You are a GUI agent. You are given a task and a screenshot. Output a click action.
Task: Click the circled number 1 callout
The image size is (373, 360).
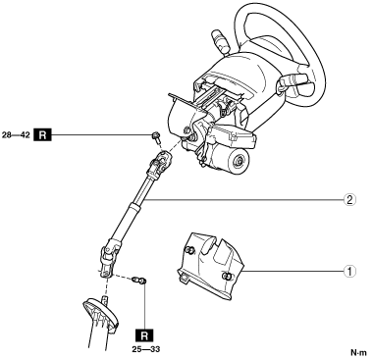point(349,271)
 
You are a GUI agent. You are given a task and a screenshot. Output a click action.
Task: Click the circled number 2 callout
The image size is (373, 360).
point(349,199)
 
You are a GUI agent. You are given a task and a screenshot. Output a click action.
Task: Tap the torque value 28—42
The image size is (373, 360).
point(16,134)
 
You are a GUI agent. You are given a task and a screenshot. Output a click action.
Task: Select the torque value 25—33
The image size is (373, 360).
point(146,349)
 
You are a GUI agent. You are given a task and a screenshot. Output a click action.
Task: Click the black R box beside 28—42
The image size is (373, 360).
point(42,134)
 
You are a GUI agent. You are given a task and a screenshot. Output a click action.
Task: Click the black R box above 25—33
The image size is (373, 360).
point(144,335)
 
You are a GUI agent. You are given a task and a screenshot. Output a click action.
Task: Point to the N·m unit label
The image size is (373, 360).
point(359,352)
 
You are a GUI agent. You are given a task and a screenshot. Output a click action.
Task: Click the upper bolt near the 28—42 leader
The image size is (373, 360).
point(156,137)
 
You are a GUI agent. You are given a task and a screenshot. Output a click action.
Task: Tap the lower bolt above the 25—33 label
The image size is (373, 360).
point(138,281)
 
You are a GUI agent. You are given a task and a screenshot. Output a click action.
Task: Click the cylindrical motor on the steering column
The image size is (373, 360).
point(232,159)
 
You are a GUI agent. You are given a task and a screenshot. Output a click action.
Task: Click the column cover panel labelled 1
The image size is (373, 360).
point(210,266)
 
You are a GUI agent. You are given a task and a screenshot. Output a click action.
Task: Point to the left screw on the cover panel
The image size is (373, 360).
point(188,250)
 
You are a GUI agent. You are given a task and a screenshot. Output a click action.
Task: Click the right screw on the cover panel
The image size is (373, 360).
point(226,277)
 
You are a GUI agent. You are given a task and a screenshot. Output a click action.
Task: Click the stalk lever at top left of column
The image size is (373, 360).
point(220,41)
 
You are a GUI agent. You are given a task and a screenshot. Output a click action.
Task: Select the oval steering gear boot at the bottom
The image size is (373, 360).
point(101,316)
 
